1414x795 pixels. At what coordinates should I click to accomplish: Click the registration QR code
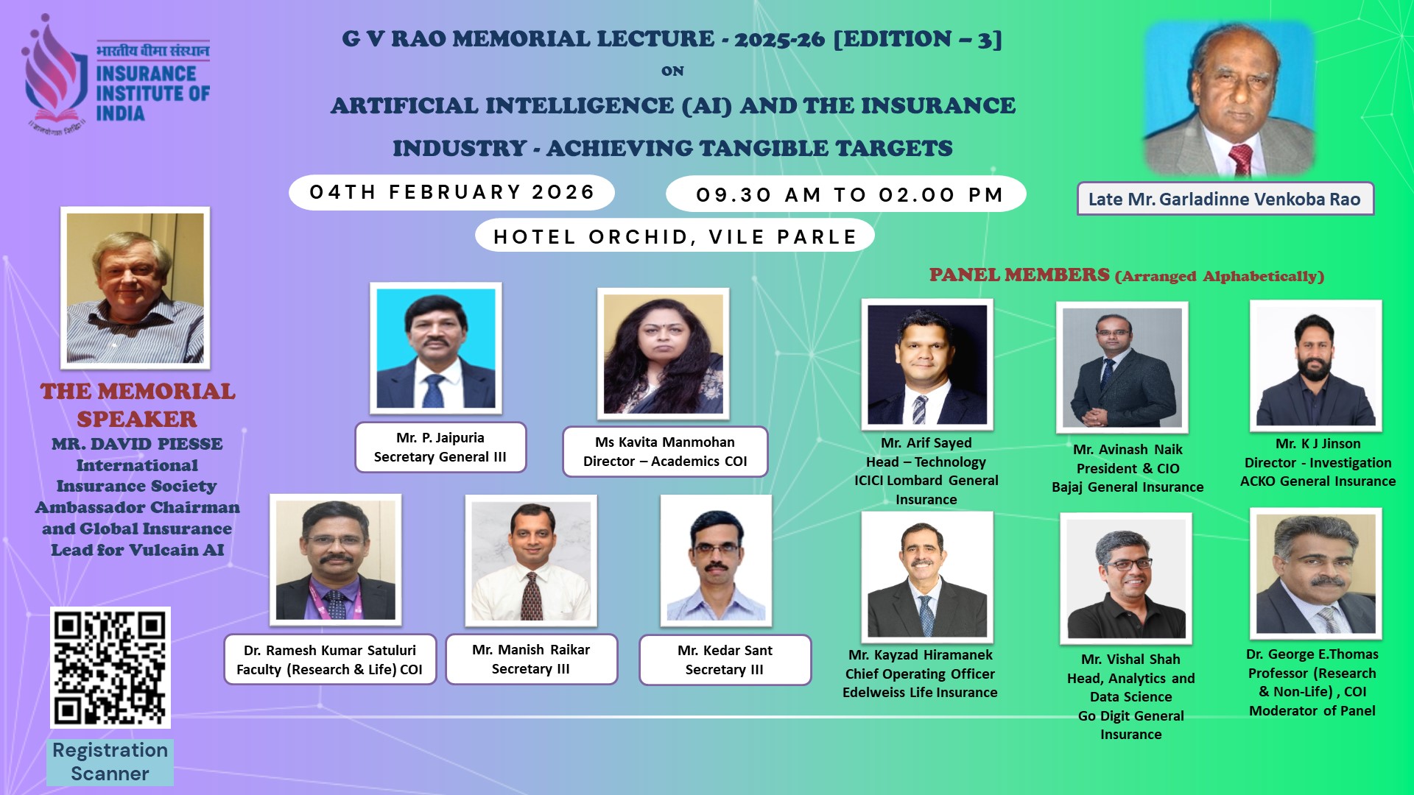[110, 667]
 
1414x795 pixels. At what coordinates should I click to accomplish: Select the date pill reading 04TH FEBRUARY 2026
[451, 192]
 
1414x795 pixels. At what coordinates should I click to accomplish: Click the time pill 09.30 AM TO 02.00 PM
[846, 194]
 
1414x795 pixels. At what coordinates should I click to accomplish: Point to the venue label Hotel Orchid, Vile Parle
[675, 236]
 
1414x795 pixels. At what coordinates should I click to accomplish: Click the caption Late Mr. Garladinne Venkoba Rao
[1225, 199]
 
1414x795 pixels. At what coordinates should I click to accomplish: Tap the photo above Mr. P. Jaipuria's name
[436, 348]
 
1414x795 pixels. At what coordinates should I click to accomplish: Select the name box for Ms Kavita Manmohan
[665, 451]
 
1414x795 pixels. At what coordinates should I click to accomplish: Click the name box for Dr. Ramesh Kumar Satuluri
[330, 660]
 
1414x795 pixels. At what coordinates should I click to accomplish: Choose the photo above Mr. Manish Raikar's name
[531, 561]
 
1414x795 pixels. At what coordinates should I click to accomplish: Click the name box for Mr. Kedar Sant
[725, 660]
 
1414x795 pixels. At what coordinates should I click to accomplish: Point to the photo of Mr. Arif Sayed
[927, 364]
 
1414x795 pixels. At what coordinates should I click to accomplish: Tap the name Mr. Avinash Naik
[1128, 449]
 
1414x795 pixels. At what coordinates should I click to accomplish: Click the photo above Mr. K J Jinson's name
[1316, 366]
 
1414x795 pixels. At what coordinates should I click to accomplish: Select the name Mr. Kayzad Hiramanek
[921, 654]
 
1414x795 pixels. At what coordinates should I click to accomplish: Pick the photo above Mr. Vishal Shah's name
[1126, 579]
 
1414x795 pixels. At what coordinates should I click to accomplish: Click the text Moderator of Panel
[1312, 710]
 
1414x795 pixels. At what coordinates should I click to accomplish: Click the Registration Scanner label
[110, 762]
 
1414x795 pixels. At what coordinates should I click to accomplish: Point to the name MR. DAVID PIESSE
[137, 444]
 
